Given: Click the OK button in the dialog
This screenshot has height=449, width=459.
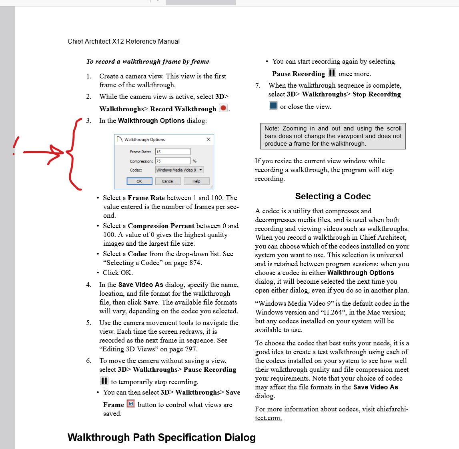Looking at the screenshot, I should [x=139, y=181].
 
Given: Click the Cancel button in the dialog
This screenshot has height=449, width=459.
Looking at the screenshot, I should [x=168, y=181].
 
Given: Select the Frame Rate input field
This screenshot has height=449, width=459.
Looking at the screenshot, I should [x=173, y=152].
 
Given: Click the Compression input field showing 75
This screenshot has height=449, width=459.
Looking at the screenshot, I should [x=173, y=161].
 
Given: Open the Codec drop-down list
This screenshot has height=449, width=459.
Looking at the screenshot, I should [x=180, y=170].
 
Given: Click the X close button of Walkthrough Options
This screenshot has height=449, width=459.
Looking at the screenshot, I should [x=208, y=139].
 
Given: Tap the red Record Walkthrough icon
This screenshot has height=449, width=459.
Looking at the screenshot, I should [x=223, y=108].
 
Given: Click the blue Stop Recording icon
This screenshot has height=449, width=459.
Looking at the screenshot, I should [x=273, y=106].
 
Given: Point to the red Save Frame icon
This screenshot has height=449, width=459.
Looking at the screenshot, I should [x=131, y=404].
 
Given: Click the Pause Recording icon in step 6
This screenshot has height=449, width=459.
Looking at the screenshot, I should [x=104, y=381].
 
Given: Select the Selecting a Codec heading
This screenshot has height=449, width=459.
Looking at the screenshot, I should [x=333, y=196].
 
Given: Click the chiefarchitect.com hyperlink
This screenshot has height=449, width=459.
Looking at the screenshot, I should [x=392, y=409].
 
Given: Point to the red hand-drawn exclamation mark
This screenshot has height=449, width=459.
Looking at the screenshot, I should [x=16, y=146].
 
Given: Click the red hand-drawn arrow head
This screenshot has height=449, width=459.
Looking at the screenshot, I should [x=58, y=152].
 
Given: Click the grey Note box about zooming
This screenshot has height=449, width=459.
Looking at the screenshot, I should [x=333, y=136].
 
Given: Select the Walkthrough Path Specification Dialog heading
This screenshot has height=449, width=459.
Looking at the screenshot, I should [x=162, y=437].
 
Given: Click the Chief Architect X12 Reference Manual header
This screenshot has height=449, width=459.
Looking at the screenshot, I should [x=124, y=42].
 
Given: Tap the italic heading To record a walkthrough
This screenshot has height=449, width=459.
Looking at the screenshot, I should [x=148, y=62].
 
